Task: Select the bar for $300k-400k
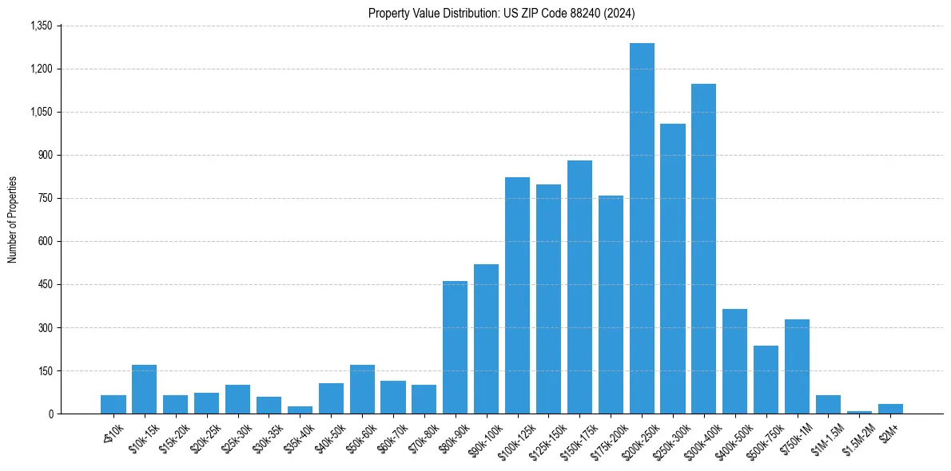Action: click(704, 248)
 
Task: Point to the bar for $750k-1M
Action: click(797, 366)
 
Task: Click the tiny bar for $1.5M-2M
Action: click(859, 412)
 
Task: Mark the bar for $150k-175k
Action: click(579, 287)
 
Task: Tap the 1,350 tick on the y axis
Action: click(41, 26)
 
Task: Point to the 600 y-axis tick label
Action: click(45, 241)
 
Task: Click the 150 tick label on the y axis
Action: click(45, 370)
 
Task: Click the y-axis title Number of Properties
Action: click(12, 220)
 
